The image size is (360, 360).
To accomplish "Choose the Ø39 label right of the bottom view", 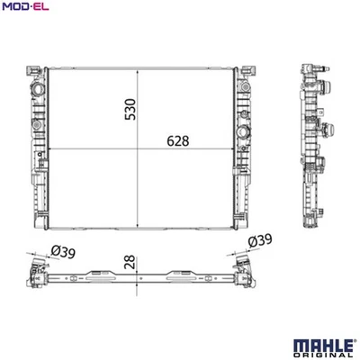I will pyautogui.click(x=260, y=240).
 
